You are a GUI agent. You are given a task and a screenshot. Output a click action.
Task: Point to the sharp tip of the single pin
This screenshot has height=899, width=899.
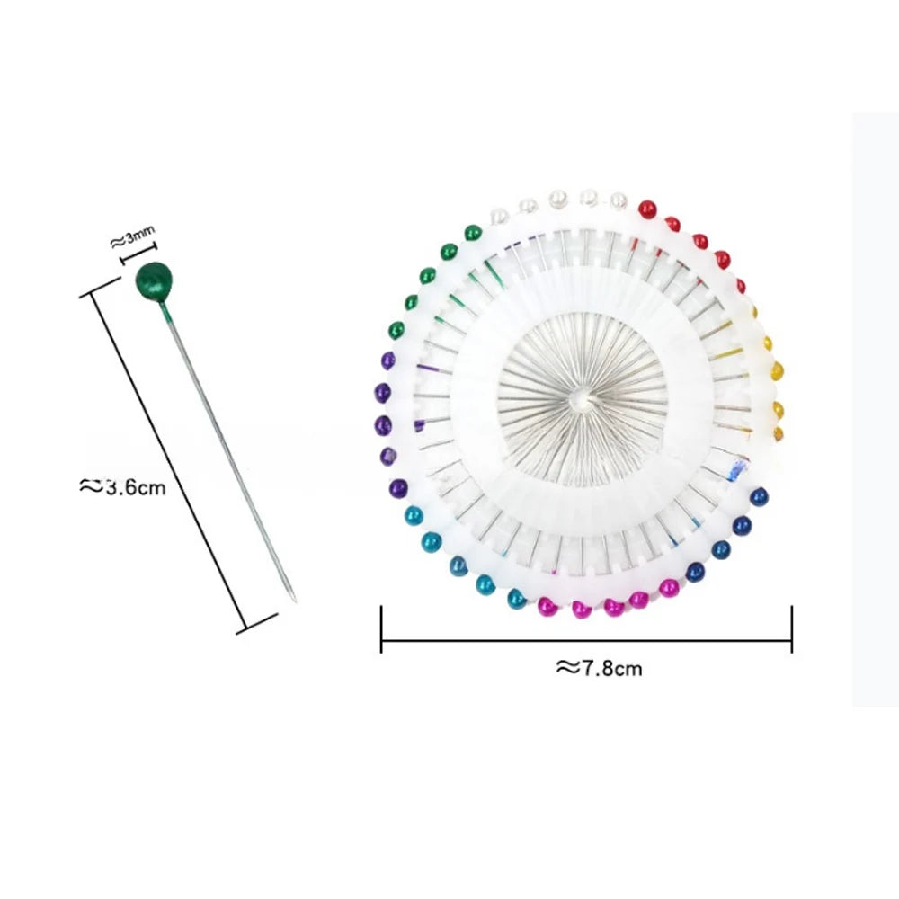click(295, 601)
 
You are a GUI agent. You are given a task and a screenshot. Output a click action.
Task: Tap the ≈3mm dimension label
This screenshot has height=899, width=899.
click(132, 236)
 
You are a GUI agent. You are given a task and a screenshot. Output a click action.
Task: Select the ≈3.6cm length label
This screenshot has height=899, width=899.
click(122, 486)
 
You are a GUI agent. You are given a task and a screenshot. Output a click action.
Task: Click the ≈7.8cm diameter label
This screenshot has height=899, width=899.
click(599, 668)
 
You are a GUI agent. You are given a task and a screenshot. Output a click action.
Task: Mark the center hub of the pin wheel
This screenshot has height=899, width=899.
click(582, 397)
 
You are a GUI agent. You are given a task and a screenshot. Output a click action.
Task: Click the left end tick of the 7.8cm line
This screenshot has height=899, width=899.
click(382, 629)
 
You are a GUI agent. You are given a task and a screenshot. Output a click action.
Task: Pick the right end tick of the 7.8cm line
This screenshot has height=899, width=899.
click(792, 629)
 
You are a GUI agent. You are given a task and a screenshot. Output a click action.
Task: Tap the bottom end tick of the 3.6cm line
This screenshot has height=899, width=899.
click(257, 624)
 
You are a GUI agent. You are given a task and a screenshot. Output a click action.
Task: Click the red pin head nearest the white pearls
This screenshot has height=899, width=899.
click(647, 209)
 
